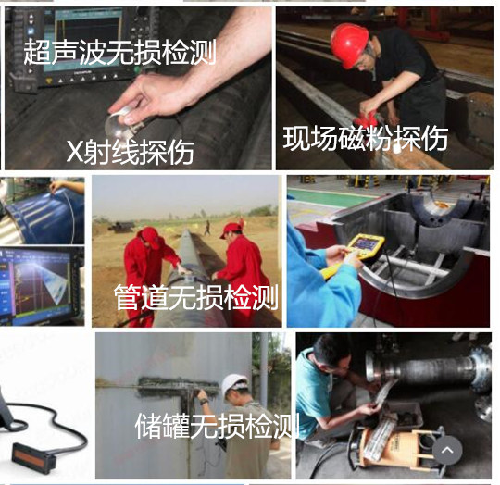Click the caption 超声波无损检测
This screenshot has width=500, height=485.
[x=119, y=52]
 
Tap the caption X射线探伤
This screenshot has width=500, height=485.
[x=131, y=152]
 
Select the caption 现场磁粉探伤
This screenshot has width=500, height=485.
[x=366, y=138]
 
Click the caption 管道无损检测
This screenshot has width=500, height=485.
[x=196, y=297]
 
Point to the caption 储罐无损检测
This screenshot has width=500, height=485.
[x=218, y=426]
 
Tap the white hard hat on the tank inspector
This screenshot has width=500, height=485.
[x=234, y=386]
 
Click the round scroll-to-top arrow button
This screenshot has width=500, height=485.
[x=447, y=450]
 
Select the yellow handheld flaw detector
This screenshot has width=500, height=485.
[x=364, y=250]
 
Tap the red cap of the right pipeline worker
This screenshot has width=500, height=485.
[x=231, y=230]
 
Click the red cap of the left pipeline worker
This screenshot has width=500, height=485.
[x=151, y=236]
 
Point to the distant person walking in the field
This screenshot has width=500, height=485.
[x=207, y=228]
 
